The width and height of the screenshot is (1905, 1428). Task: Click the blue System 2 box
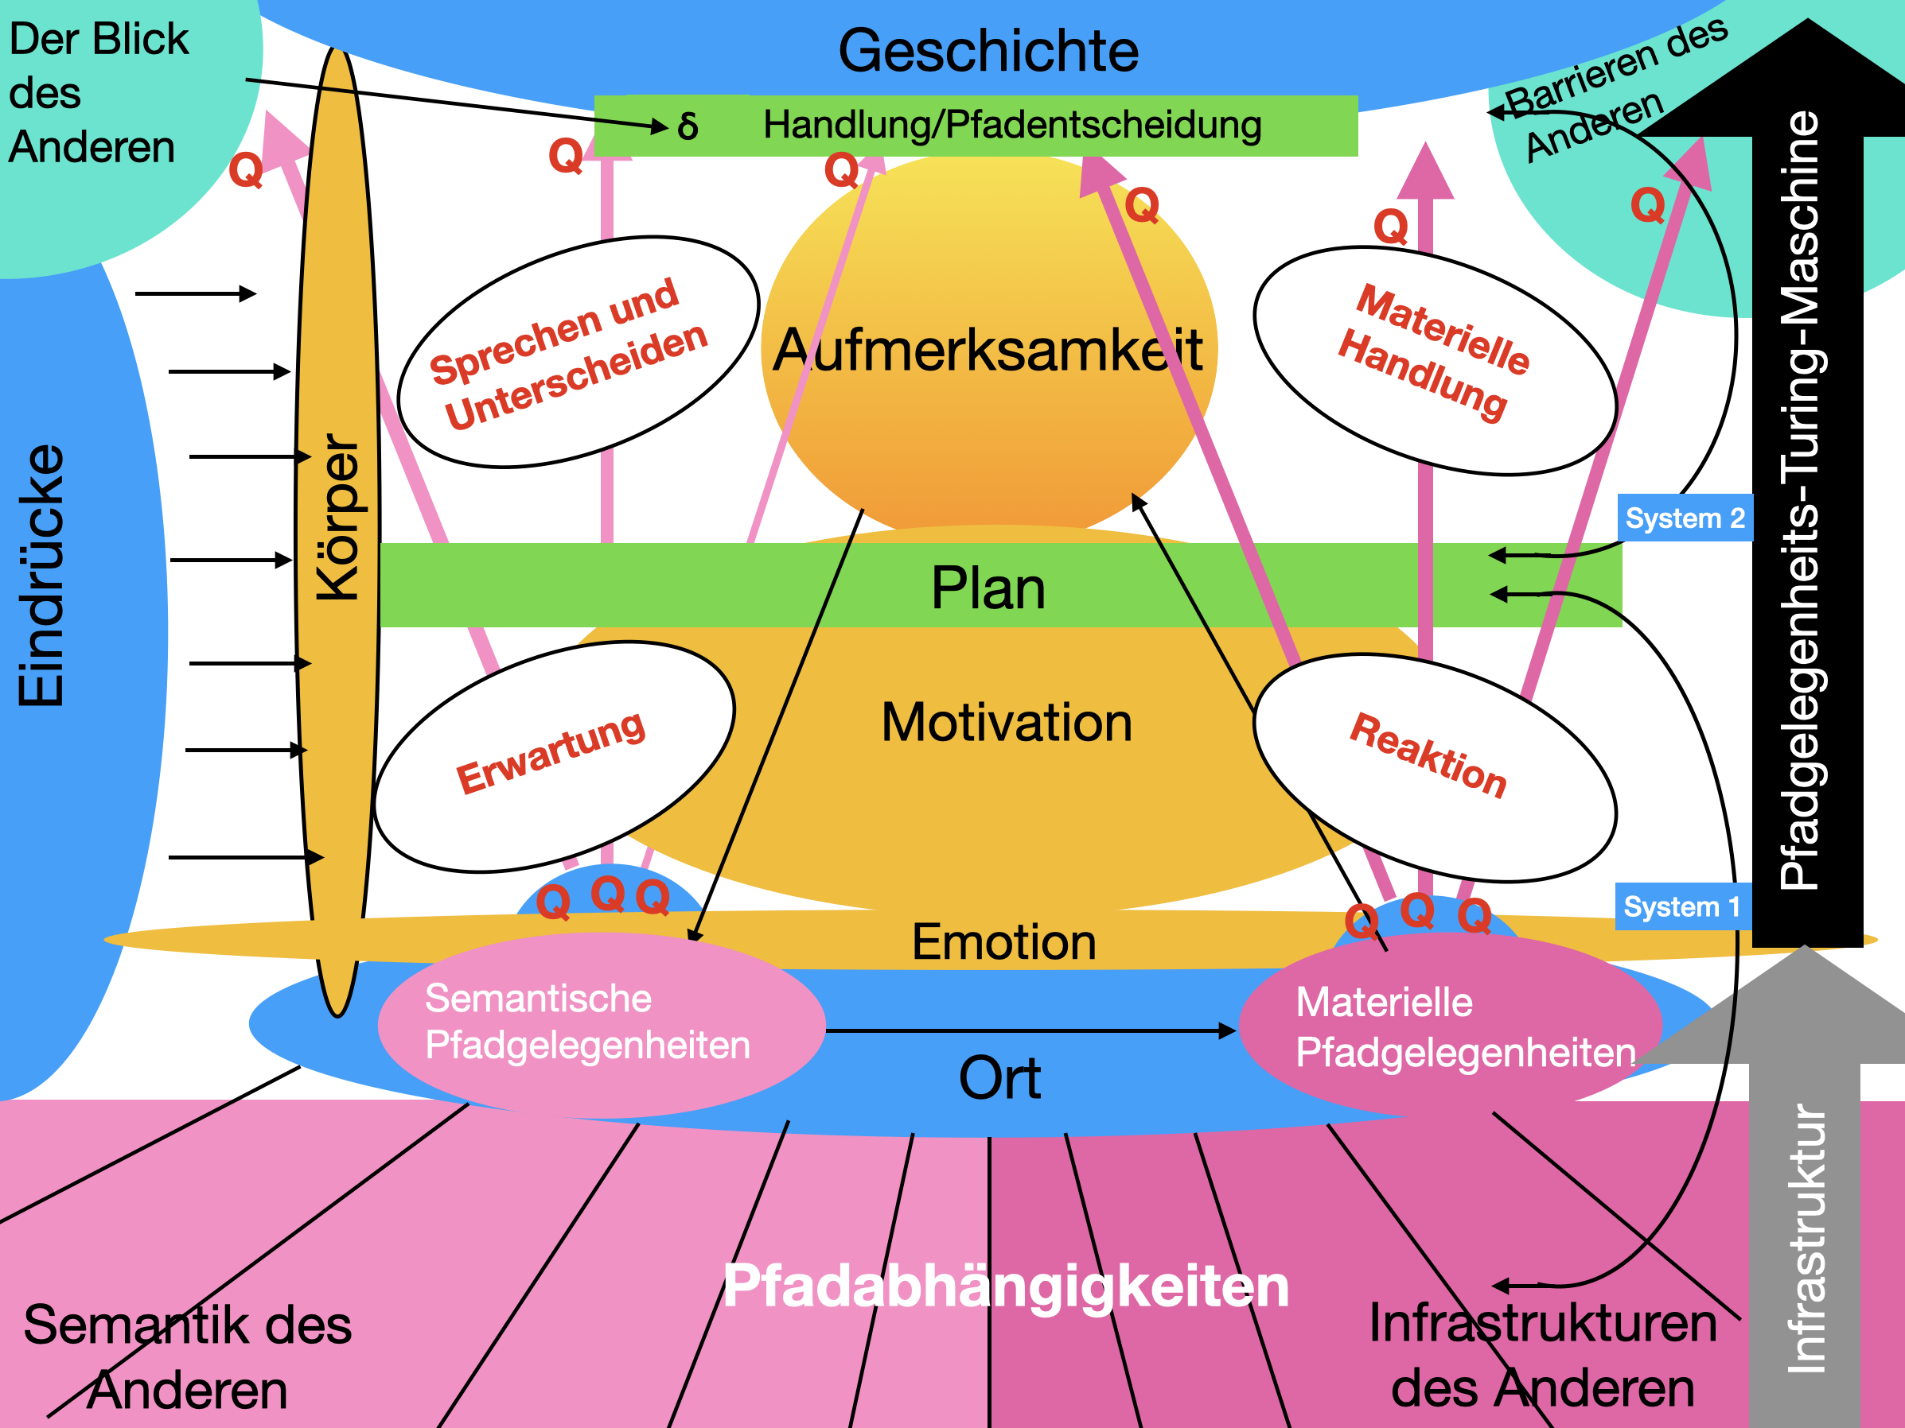(x=1685, y=518)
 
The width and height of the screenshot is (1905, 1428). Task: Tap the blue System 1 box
(x=1682, y=906)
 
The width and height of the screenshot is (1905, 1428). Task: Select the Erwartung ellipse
(x=554, y=757)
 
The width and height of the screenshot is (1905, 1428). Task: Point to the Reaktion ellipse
(x=1434, y=766)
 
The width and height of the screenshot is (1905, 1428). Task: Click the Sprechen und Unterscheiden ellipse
(x=577, y=352)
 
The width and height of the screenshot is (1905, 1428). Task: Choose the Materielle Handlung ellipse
(x=1434, y=361)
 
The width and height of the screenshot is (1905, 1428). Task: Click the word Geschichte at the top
(x=988, y=51)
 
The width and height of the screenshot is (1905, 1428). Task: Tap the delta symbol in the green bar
(x=688, y=126)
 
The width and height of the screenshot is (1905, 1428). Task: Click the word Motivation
(x=1006, y=722)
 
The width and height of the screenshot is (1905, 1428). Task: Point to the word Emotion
(x=1003, y=941)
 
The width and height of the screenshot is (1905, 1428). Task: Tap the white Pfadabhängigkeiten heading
(x=1005, y=1286)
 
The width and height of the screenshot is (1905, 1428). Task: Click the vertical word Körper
(x=337, y=517)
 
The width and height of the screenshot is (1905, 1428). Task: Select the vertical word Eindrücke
(x=41, y=575)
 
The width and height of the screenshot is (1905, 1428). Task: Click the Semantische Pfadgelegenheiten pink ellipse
(x=600, y=1024)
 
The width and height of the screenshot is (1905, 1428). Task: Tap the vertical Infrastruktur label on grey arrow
(x=1806, y=1240)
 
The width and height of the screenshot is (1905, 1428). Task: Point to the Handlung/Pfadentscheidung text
(x=1012, y=125)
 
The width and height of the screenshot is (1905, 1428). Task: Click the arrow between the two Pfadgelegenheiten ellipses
(x=1030, y=1030)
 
